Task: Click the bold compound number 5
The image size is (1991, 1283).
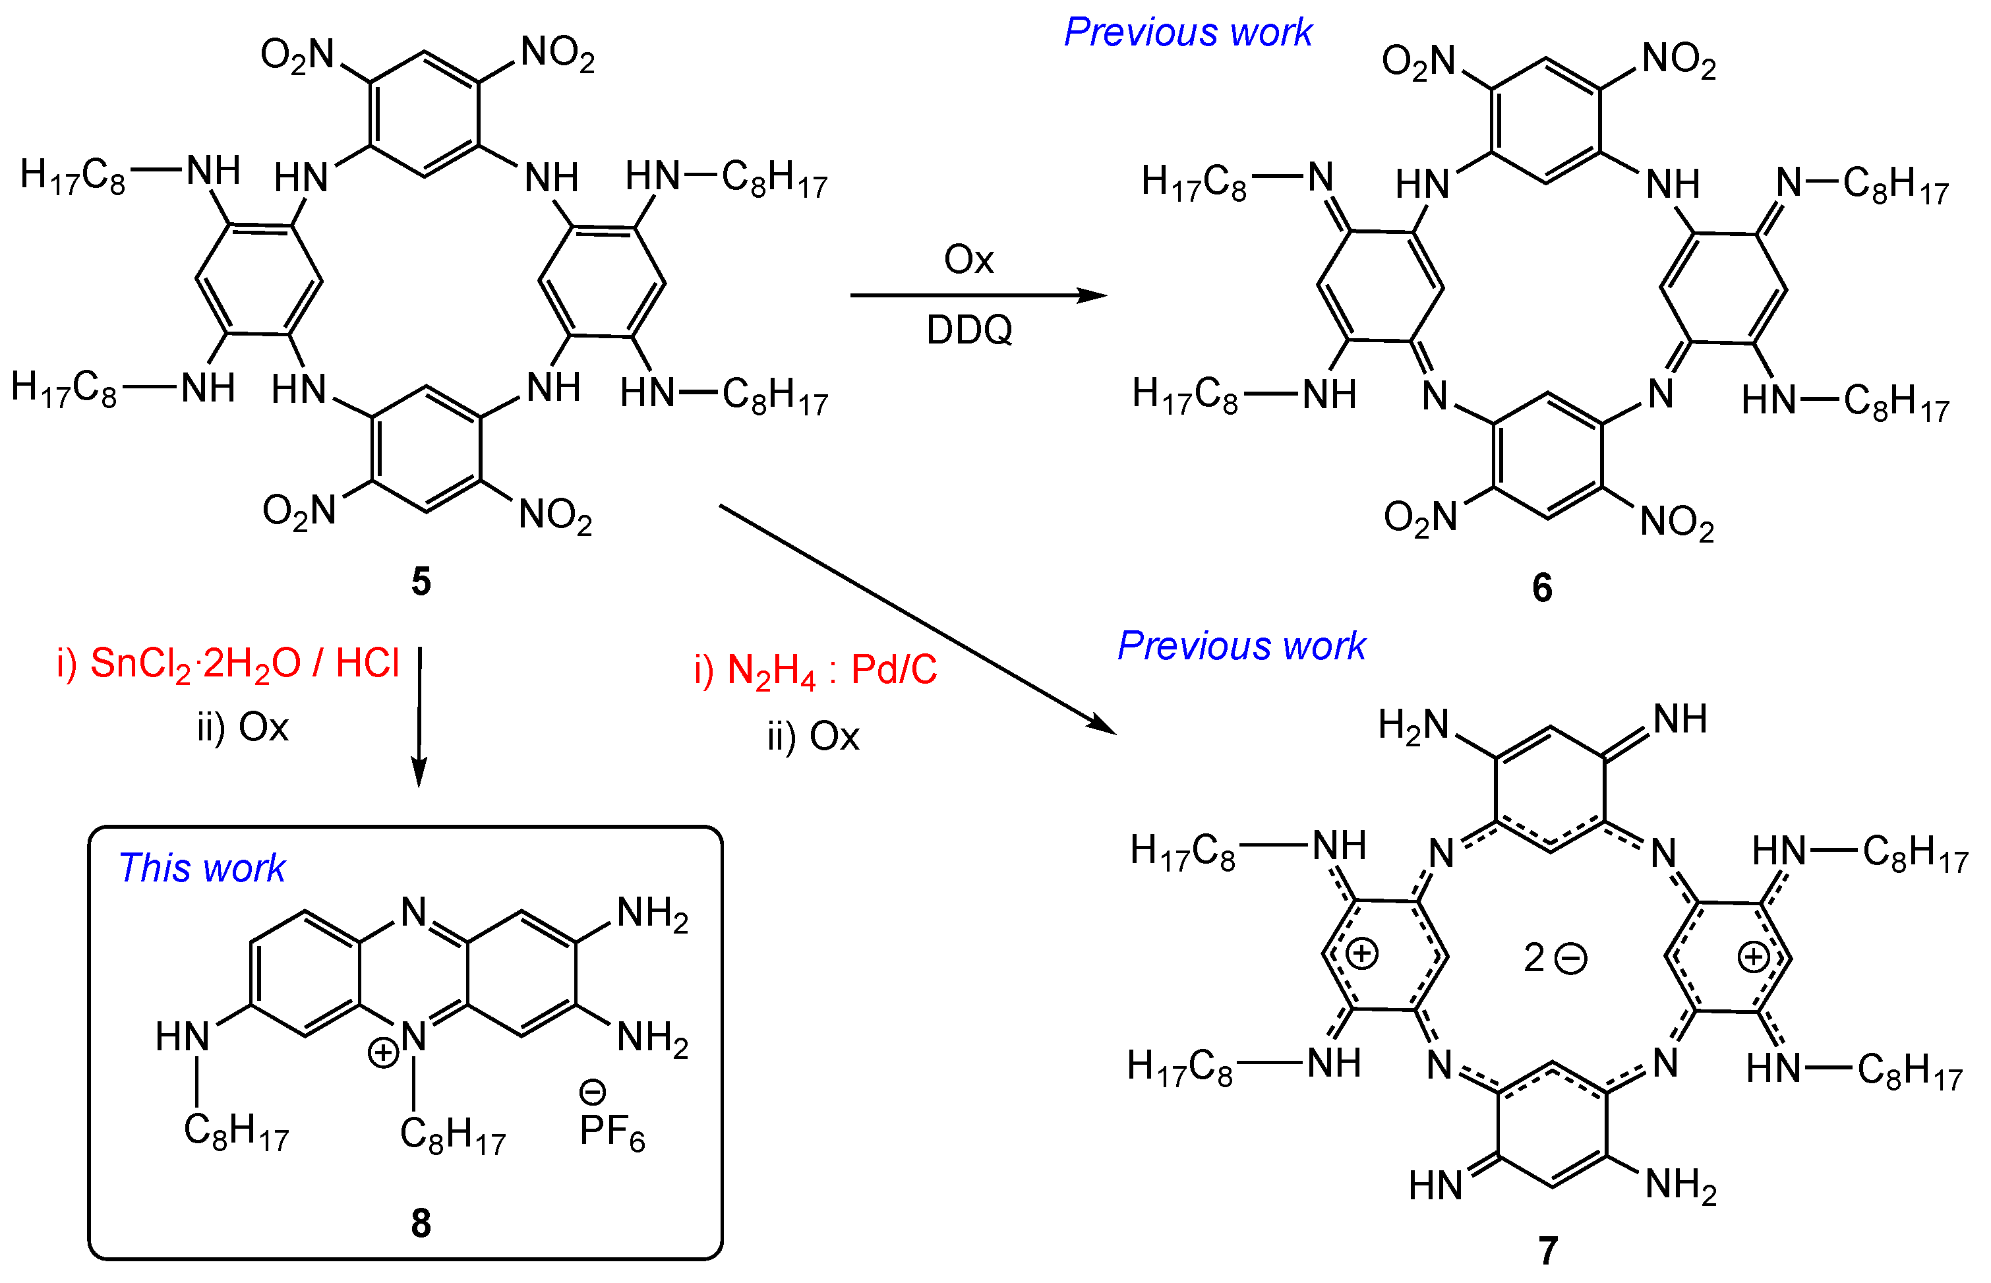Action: click(421, 581)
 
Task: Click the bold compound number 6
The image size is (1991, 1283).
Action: click(1542, 587)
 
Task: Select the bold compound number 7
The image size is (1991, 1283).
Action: click(1548, 1249)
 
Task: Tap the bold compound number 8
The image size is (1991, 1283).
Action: click(421, 1223)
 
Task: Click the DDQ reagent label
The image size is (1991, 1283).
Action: click(969, 330)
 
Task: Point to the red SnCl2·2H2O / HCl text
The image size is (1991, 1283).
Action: click(227, 664)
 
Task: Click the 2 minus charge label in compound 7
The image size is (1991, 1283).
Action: click(1555, 958)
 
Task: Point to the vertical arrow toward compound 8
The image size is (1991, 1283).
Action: click(419, 717)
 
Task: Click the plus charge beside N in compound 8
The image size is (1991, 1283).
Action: click(383, 1052)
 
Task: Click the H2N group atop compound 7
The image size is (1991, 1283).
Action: click(1413, 725)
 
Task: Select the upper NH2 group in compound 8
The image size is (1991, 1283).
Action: click(651, 914)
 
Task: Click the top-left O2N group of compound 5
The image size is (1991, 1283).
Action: click(297, 56)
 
